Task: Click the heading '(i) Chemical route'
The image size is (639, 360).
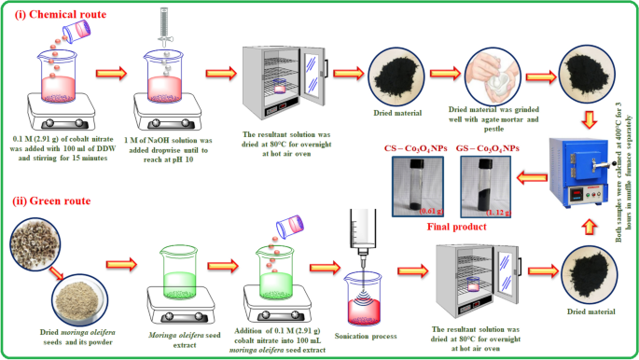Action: [61, 14]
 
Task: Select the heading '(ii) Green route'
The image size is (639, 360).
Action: [51, 201]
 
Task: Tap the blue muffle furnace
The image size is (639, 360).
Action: [578, 173]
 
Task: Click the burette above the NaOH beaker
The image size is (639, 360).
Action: [164, 27]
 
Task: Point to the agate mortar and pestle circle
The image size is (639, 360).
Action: [493, 76]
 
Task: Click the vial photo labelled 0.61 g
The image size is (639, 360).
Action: [418, 187]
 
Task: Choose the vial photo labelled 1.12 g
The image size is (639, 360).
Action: [486, 187]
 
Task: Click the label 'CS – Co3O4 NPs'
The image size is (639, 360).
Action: [415, 148]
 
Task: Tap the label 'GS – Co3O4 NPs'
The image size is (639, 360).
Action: [487, 148]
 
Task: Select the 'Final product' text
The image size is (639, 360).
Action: [456, 227]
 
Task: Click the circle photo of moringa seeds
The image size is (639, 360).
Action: [35, 244]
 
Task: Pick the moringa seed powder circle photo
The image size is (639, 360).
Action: [80, 300]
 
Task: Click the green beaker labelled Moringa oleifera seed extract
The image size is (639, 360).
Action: [180, 272]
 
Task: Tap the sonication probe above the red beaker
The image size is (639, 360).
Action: [362, 240]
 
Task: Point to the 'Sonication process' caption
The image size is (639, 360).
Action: [366, 337]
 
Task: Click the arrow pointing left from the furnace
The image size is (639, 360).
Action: [532, 178]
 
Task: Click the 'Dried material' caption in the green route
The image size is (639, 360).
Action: [590, 312]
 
